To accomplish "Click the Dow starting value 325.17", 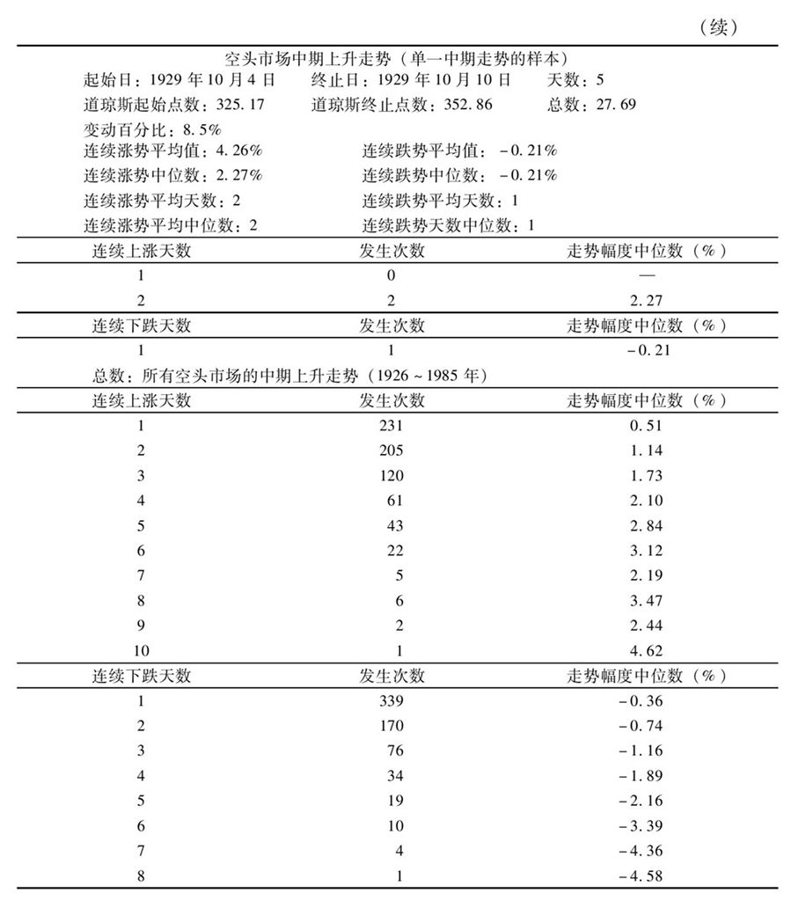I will [x=237, y=105].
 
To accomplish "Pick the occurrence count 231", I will [x=392, y=427].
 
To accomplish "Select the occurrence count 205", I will [x=392, y=451].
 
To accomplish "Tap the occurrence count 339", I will [x=392, y=701].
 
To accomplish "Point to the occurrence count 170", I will [x=392, y=726].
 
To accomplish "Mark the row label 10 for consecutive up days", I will [x=141, y=652].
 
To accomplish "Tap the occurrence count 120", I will [x=392, y=476].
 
